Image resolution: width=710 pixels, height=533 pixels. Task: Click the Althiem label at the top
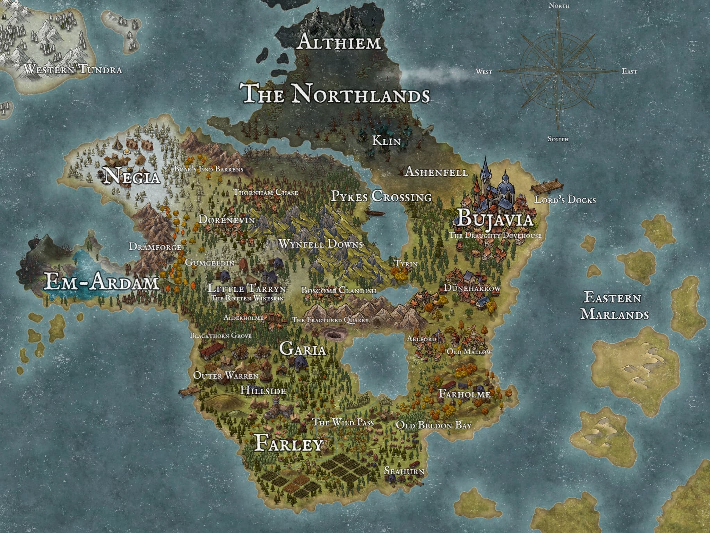tap(339, 43)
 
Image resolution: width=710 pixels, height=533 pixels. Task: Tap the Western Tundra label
tap(73, 69)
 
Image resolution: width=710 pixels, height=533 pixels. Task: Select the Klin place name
tap(386, 141)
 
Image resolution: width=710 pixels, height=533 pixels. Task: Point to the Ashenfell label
tap(436, 172)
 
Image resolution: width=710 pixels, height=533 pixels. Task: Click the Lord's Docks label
tap(565, 200)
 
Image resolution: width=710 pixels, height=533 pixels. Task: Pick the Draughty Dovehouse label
tap(495, 236)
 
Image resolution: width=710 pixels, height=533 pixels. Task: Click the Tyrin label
tap(407, 264)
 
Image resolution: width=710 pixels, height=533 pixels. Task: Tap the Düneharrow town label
tap(472, 288)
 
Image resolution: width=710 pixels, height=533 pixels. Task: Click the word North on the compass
tap(559, 6)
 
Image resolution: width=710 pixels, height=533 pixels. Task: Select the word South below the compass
tap(558, 139)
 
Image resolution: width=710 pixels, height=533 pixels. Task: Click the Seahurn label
tap(404, 471)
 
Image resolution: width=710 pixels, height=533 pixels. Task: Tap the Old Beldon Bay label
tap(434, 425)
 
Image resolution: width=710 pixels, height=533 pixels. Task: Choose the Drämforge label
tap(155, 247)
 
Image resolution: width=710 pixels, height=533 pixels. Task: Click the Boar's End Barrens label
tap(209, 170)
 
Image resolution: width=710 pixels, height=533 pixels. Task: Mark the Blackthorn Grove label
tap(220, 336)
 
